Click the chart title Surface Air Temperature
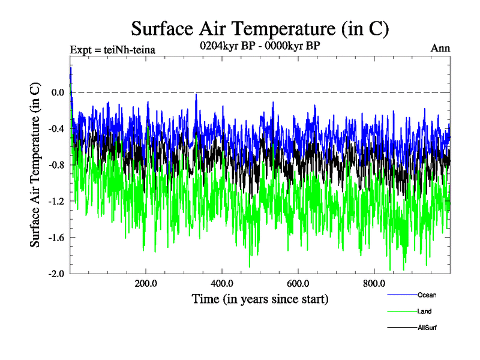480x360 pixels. tap(260, 28)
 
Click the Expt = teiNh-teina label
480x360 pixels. tap(113, 50)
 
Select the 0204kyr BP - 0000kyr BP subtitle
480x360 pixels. tap(259, 44)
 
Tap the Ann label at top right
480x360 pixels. tap(440, 48)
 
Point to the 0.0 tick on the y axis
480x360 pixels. tap(58, 92)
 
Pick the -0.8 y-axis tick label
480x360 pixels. tap(56, 165)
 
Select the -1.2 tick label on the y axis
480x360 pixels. tap(56, 201)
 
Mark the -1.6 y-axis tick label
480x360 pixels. tap(56, 237)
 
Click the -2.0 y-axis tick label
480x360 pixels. tap(56, 274)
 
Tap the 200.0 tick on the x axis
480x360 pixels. tap(146, 283)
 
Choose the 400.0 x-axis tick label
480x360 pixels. tap(222, 283)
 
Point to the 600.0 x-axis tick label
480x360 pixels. tap(298, 283)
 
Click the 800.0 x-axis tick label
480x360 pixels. tap(374, 283)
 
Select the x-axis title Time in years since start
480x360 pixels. tap(260, 298)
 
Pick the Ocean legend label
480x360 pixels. tap(427, 295)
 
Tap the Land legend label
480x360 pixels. tap(424, 311)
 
